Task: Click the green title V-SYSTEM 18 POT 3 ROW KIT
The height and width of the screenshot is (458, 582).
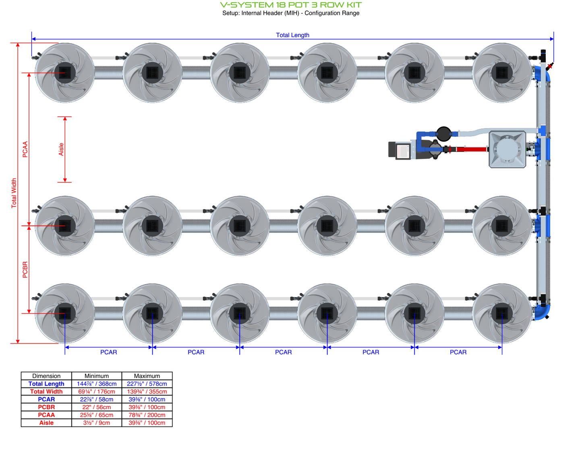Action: coord(291,5)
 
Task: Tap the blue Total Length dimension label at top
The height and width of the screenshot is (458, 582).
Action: coord(292,35)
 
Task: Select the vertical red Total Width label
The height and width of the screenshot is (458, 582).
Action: coord(14,193)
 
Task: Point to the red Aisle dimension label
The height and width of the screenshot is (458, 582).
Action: coord(61,149)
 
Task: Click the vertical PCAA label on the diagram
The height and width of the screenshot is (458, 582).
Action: coord(25,149)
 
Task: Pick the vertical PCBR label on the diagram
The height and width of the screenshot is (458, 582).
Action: coord(25,270)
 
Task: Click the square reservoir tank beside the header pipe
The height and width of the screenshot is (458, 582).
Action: coord(507,149)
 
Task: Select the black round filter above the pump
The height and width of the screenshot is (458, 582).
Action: coord(443,133)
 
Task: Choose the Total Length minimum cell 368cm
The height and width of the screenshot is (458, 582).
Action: coord(97,384)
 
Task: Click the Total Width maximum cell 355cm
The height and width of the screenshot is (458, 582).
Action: coord(147,391)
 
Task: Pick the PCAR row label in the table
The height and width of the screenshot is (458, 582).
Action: coord(46,399)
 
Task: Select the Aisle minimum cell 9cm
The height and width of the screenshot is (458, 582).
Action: coord(97,423)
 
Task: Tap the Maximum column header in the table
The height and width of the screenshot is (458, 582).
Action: coord(147,376)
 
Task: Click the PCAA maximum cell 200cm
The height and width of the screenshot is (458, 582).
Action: coord(147,415)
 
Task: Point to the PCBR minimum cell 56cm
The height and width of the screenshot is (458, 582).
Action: coord(97,407)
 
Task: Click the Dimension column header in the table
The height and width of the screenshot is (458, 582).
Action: coord(46,376)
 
